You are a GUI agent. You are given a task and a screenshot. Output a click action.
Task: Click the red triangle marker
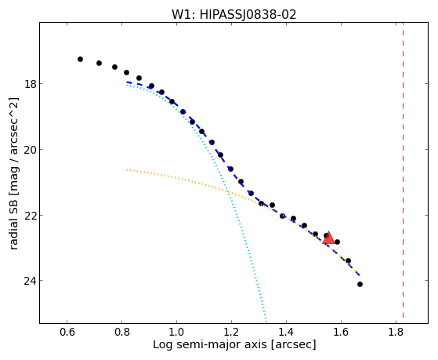(x=328, y=238)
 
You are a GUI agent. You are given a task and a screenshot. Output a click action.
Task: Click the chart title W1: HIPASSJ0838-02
(x=233, y=15)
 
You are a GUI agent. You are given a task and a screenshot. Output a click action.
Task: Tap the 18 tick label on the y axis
(x=30, y=84)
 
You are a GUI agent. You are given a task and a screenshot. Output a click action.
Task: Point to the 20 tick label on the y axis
(x=30, y=149)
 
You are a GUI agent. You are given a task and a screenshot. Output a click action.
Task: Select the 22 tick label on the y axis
(x=30, y=215)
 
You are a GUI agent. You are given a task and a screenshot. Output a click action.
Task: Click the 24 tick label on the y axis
(x=30, y=281)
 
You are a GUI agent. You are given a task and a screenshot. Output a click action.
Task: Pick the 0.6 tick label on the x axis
(x=67, y=332)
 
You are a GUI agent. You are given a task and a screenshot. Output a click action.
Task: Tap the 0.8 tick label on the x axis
(x=121, y=332)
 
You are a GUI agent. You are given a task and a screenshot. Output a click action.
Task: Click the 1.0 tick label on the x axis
(x=176, y=332)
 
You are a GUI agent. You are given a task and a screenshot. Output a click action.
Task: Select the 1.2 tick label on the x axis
(x=231, y=332)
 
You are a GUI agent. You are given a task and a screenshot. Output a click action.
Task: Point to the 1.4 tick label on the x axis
(x=286, y=332)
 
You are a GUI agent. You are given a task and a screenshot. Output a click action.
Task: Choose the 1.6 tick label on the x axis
(x=341, y=332)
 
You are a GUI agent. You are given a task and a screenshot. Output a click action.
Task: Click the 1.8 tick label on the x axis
(x=396, y=332)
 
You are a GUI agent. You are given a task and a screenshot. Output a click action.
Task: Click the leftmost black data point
(x=80, y=60)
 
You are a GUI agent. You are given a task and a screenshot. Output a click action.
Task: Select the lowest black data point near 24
(x=360, y=285)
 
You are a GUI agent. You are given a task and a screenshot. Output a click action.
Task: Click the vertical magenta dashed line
(x=403, y=170)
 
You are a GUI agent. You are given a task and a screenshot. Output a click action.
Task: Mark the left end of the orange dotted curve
(x=127, y=169)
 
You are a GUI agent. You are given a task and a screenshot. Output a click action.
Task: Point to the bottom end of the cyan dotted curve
(x=266, y=321)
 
